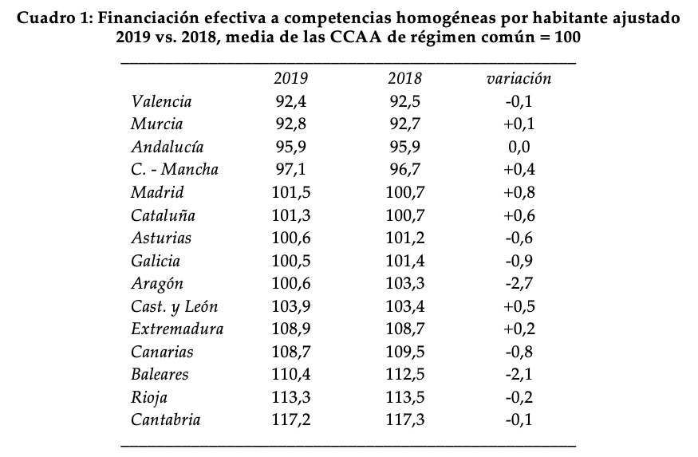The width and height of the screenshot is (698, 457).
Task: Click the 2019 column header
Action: (x=290, y=79)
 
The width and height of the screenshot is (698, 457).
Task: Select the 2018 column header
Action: (x=404, y=79)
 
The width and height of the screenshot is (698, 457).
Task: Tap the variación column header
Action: (x=519, y=79)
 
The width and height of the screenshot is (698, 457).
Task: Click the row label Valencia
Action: (x=161, y=102)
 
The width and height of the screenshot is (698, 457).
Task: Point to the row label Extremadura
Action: (x=177, y=329)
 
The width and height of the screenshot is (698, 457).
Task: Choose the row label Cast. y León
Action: (x=174, y=307)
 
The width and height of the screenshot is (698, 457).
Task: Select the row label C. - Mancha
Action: (x=174, y=170)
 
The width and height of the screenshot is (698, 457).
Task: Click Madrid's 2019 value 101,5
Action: (x=290, y=193)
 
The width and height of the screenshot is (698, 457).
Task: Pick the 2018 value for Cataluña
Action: (x=404, y=215)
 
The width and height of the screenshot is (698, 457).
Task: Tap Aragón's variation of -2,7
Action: (x=519, y=284)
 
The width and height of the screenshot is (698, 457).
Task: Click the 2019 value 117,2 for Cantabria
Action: (x=290, y=420)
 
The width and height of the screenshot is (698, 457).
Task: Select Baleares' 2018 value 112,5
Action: (x=404, y=375)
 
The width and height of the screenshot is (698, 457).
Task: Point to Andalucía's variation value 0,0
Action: (x=519, y=148)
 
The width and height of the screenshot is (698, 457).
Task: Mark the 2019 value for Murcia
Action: (x=290, y=124)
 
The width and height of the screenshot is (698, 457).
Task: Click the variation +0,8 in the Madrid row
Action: (x=519, y=193)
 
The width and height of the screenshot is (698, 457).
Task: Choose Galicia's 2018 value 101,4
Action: (x=404, y=261)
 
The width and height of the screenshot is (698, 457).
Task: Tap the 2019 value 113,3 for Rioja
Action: (x=290, y=397)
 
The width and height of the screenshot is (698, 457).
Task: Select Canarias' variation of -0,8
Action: (x=519, y=352)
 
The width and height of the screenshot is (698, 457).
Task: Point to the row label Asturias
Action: (x=161, y=238)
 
